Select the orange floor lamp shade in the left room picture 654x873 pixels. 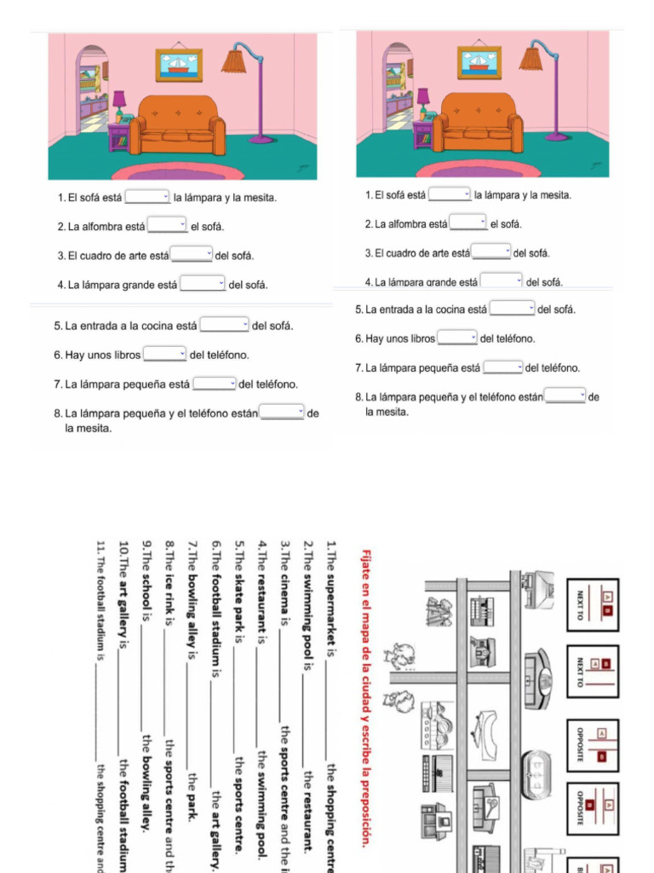pyautogui.click(x=233, y=61)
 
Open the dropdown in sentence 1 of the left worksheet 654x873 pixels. pyautogui.click(x=147, y=198)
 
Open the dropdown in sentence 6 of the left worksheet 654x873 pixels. pyautogui.click(x=164, y=354)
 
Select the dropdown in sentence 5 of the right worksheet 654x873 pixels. pyautogui.click(x=513, y=309)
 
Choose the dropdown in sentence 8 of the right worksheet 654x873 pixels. pyautogui.click(x=565, y=396)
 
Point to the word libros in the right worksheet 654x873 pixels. pyautogui.click(x=420, y=338)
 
